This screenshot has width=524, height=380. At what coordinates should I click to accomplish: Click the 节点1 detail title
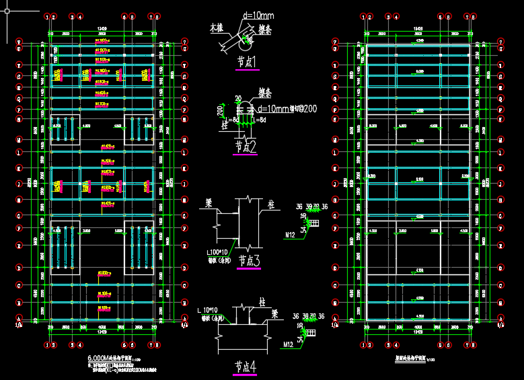248,62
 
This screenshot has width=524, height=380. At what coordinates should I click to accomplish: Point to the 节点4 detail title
246,367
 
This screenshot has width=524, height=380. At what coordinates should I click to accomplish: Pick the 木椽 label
216,29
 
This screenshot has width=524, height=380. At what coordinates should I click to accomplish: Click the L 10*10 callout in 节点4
210,310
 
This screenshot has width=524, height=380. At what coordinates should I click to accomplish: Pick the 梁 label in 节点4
274,313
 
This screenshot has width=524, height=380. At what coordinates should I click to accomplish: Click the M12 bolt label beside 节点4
288,344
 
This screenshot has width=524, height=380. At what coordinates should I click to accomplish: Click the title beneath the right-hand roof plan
415,360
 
